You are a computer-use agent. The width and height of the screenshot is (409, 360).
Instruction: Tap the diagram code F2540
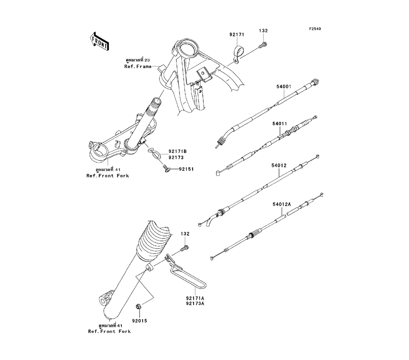(315, 29)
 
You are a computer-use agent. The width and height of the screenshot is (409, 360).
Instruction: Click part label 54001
(283, 87)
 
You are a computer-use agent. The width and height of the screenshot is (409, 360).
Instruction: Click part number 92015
(139, 320)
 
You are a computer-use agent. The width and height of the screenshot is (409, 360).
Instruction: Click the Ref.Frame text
(138, 66)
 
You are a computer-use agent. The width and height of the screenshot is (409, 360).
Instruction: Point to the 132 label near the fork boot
(186, 234)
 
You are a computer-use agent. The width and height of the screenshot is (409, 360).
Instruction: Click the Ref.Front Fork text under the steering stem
(108, 176)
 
